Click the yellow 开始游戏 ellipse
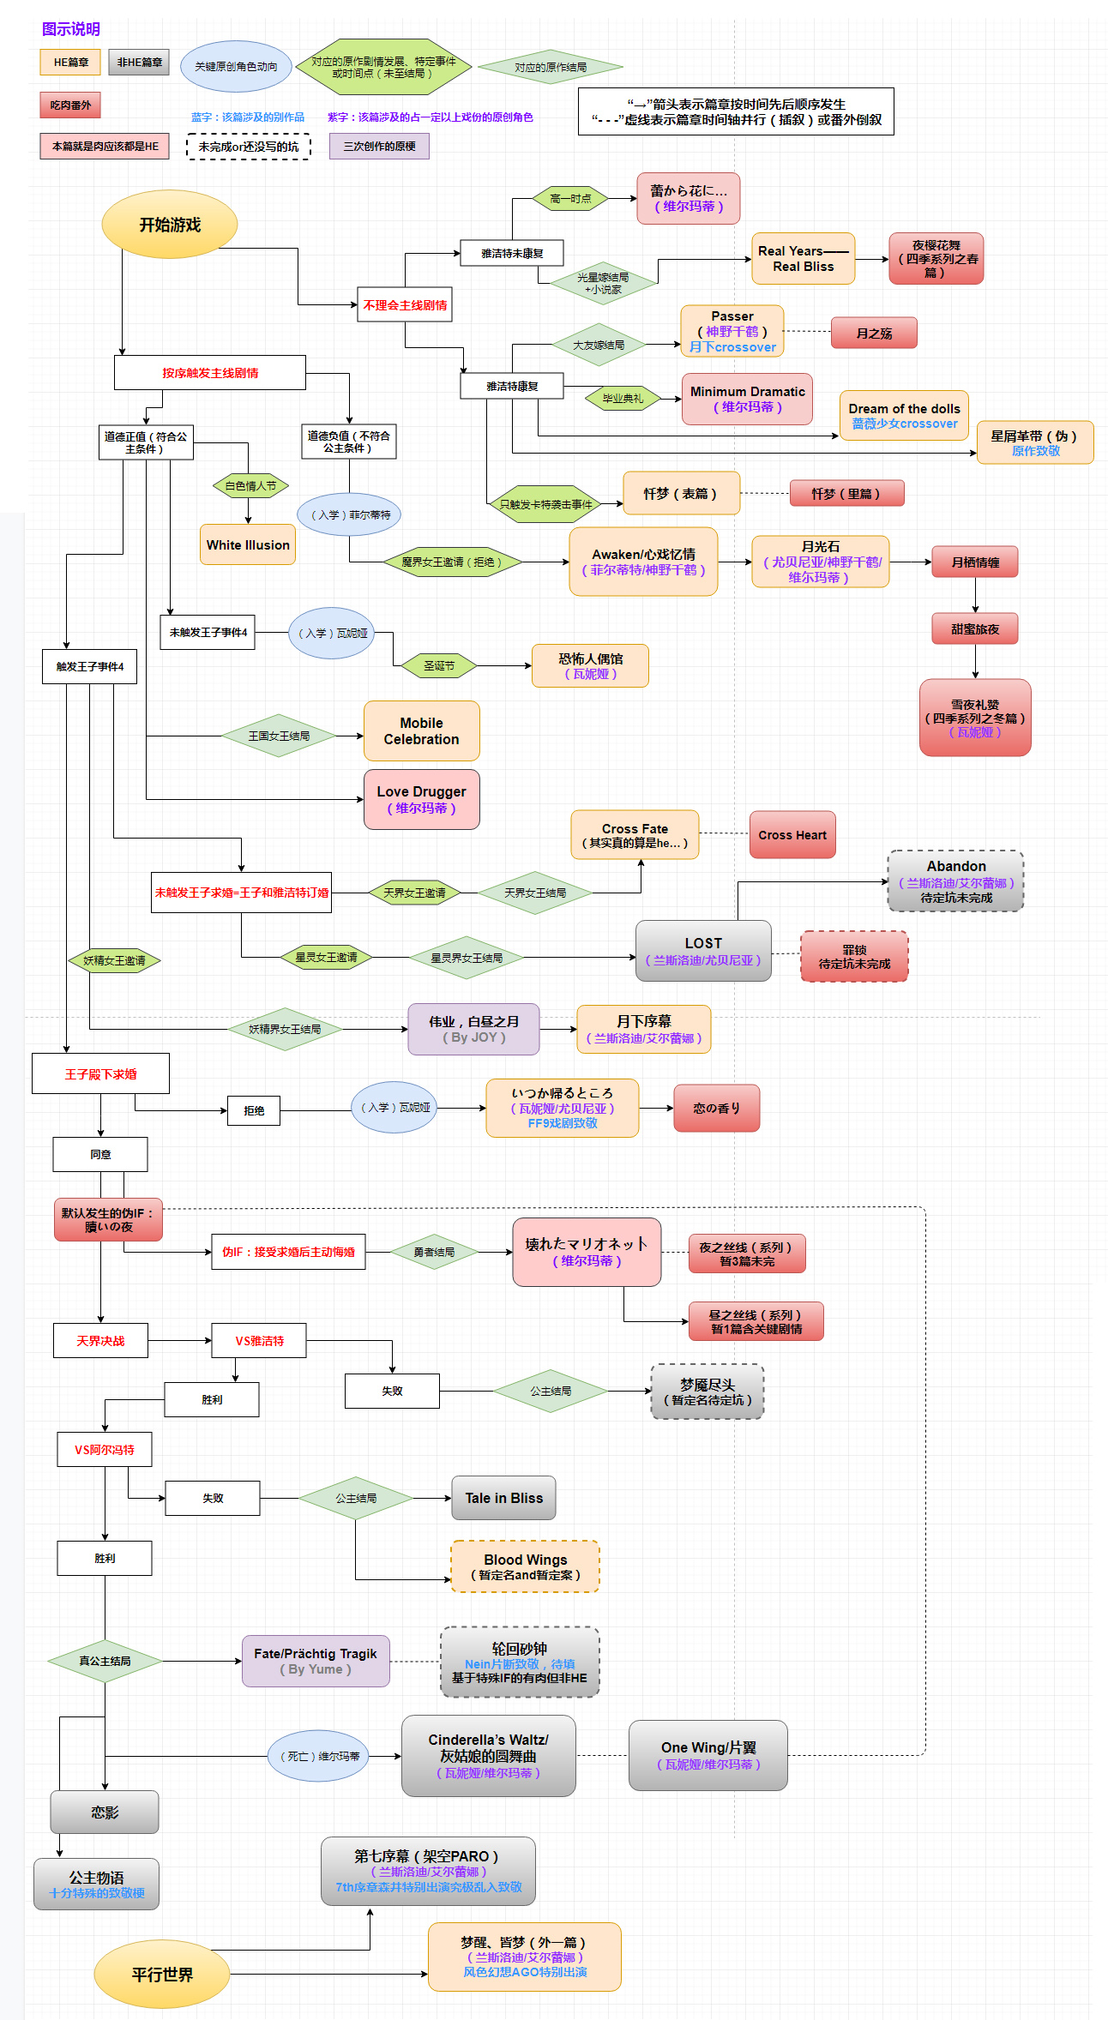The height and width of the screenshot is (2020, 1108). (x=170, y=225)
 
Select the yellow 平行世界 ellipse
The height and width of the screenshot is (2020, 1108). (x=162, y=1975)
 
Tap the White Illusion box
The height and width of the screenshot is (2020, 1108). (x=248, y=545)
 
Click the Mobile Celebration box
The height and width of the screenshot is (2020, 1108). (x=421, y=731)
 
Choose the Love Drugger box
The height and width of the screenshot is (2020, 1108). (x=421, y=799)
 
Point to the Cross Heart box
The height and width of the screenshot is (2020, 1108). (x=792, y=835)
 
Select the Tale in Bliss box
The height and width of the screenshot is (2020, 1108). (x=503, y=1498)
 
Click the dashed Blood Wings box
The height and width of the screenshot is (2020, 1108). (x=525, y=1566)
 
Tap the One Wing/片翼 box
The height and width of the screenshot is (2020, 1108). (x=708, y=1755)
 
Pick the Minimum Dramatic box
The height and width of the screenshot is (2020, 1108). (x=747, y=399)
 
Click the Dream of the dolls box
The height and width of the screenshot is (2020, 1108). (x=904, y=416)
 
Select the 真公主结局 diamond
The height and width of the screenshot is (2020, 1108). (x=105, y=1661)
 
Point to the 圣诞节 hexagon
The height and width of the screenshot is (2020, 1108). (x=439, y=665)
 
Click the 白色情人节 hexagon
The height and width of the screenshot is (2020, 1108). (x=250, y=485)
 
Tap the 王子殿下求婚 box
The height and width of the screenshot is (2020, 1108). (x=100, y=1074)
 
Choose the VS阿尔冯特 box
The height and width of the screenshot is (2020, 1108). (x=105, y=1450)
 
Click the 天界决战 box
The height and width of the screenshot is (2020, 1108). (x=100, y=1341)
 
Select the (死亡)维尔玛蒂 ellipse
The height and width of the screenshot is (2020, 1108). (x=320, y=1756)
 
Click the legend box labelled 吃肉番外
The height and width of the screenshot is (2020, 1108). (x=70, y=105)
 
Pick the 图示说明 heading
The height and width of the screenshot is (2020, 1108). (x=71, y=29)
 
